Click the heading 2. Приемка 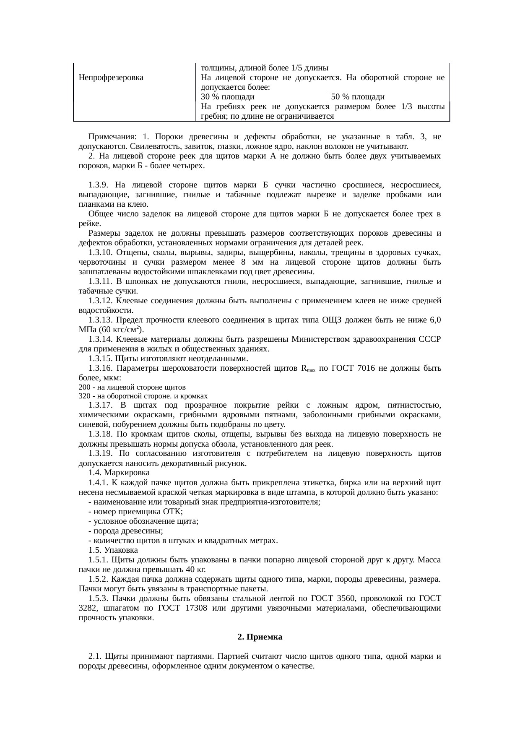(260, 637)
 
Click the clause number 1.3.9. (99, 185)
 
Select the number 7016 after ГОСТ (364, 369)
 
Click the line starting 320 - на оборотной (143, 396)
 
